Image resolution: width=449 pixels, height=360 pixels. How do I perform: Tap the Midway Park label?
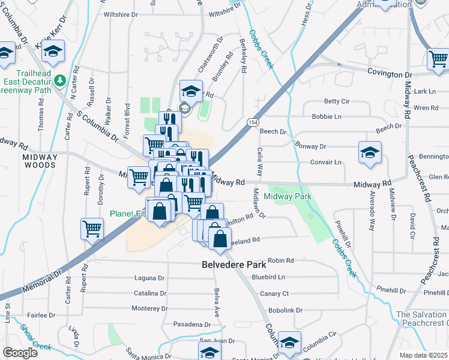pos(287,196)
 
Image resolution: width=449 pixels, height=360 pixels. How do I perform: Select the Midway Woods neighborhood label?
pos(40,158)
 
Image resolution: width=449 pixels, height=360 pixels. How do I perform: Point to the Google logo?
pos(20,352)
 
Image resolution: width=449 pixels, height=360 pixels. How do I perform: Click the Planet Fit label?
pos(127,213)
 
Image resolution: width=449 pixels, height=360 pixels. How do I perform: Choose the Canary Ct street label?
pos(274,293)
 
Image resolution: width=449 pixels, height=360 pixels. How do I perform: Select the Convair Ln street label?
pos(325,162)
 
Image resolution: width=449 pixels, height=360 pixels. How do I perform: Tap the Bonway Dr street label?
pos(310,146)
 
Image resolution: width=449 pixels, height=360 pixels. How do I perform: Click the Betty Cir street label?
pos(336,101)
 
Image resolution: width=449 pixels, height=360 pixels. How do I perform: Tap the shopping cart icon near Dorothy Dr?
pos(92,228)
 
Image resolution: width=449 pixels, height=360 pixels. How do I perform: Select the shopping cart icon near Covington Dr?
pos(438,59)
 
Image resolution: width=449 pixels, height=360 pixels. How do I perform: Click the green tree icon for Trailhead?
pos(59,80)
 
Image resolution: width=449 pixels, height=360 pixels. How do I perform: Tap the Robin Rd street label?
pos(280,260)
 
